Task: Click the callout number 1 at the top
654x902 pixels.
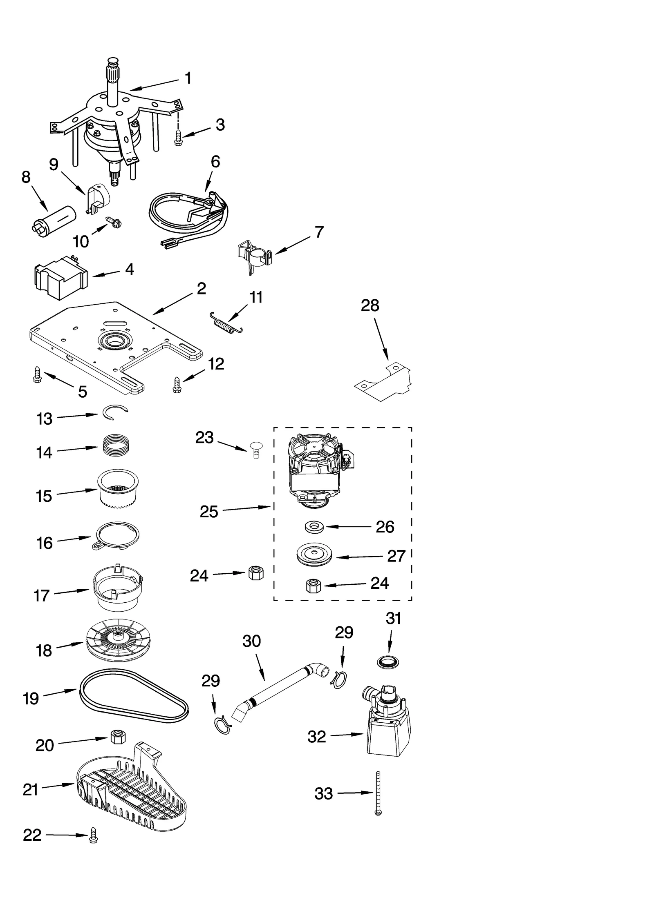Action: (x=188, y=78)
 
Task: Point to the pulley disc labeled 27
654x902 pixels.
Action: (x=314, y=556)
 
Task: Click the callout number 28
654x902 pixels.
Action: (x=370, y=305)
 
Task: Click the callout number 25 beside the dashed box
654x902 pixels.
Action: (x=209, y=512)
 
